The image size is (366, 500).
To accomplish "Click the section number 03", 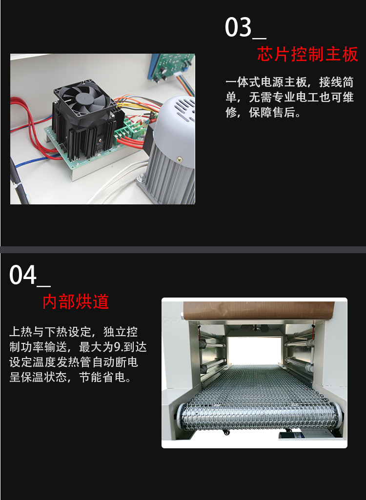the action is [x=238, y=27].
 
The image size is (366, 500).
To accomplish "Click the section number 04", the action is [x=23, y=275].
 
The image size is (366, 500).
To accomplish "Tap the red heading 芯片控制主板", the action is [x=307, y=54].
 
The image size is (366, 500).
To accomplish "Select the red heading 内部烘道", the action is [x=76, y=301].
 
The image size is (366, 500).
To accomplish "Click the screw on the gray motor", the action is [x=180, y=159].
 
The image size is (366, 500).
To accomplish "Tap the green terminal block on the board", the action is [x=126, y=131].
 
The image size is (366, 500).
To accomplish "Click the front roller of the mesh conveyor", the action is [x=259, y=416].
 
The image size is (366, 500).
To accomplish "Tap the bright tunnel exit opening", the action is [x=254, y=351].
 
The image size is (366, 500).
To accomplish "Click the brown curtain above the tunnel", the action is [x=259, y=310].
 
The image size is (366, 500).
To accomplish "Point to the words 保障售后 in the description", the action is [x=271, y=112].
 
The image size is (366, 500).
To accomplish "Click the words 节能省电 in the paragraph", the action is [x=102, y=378].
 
